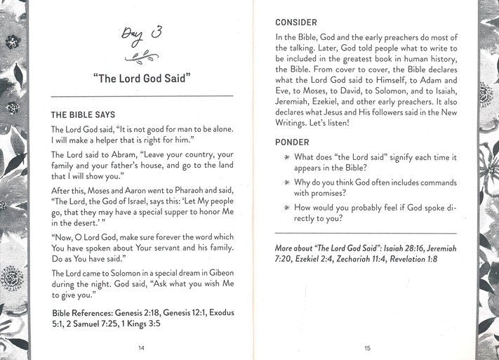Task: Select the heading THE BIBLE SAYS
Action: (x=84, y=114)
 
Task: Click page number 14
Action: (x=142, y=346)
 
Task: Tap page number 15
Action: (x=368, y=346)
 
